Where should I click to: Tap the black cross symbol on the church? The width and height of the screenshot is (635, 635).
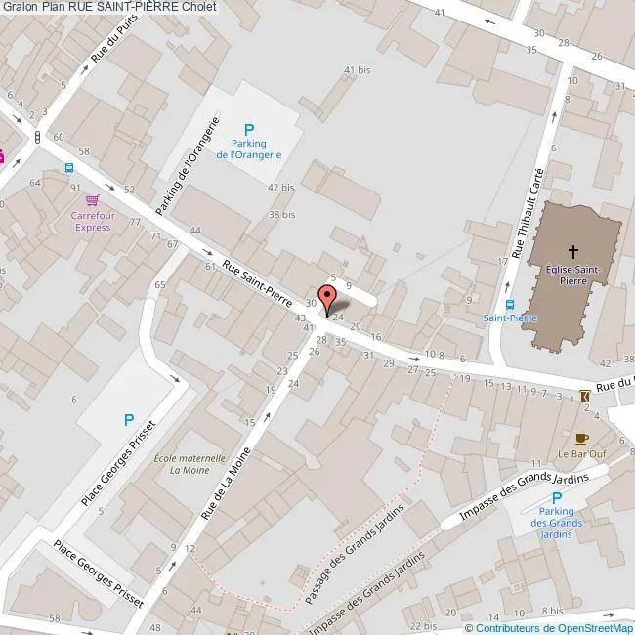572,251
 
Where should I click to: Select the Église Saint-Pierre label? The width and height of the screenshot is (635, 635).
572,274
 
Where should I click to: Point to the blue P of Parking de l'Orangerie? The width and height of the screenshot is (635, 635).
248,129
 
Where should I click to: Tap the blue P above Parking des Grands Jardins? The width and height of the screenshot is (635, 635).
556,495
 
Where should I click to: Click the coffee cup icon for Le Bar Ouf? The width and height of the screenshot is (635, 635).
582,439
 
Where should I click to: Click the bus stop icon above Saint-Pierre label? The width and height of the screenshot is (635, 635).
510,304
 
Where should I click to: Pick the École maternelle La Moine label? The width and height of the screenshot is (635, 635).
190,463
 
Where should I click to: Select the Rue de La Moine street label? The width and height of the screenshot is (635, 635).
226,482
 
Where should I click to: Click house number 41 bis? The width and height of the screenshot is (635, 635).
357,70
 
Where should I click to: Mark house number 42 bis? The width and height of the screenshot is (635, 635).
280,187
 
